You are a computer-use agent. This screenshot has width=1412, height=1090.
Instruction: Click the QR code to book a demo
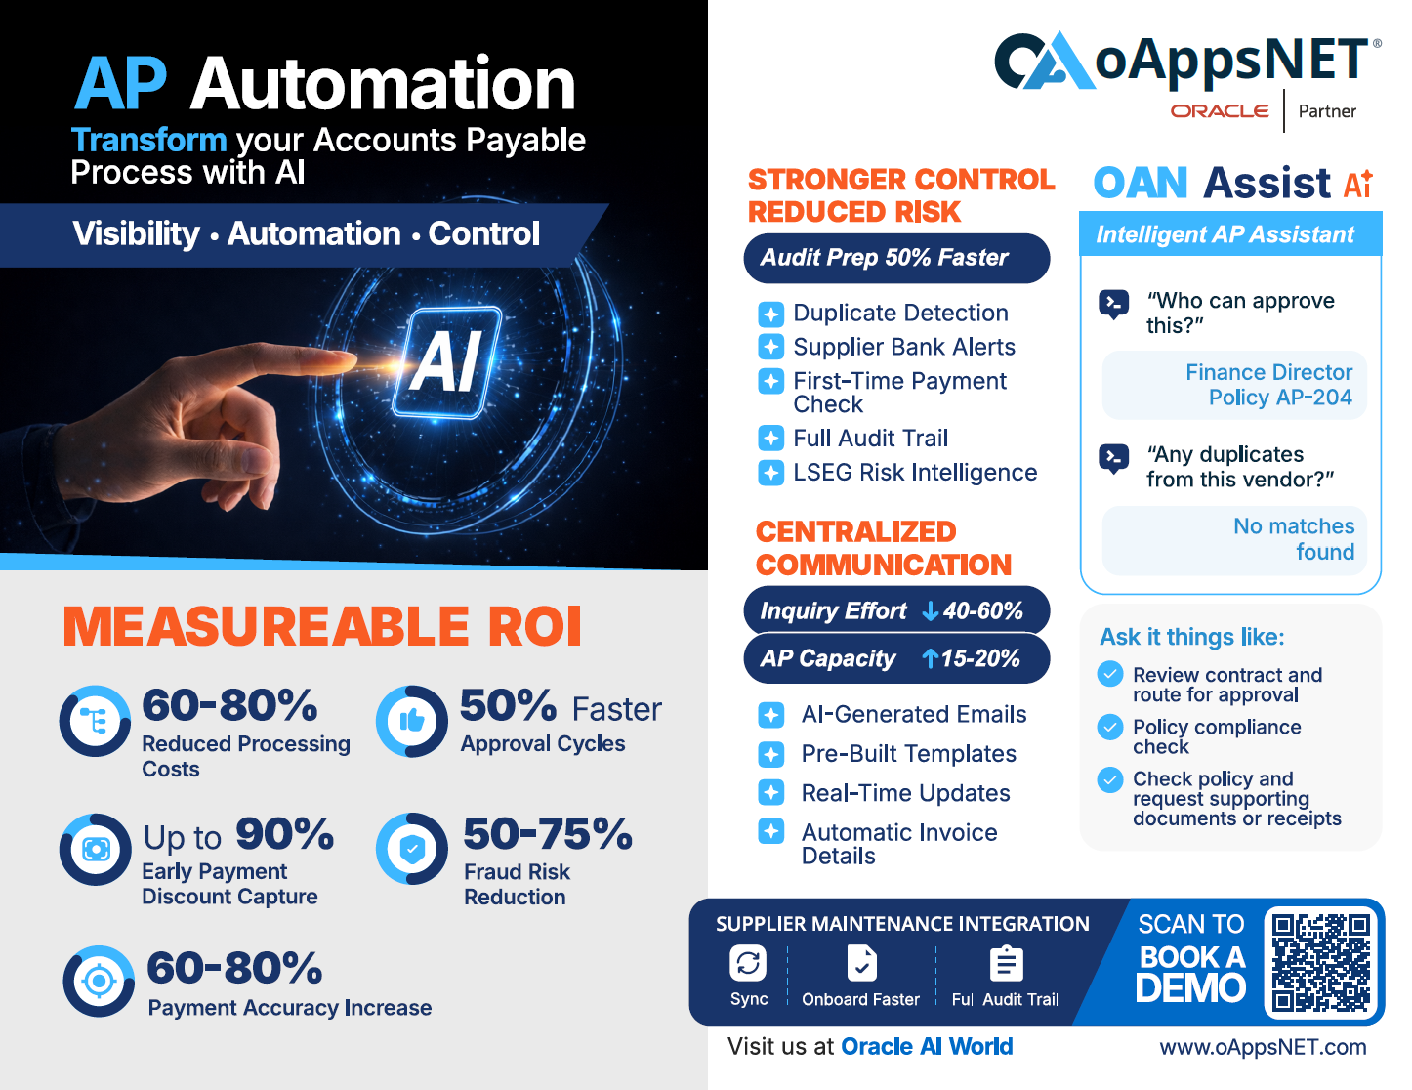(x=1320, y=962)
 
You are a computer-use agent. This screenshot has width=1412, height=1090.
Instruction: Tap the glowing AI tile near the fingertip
(x=447, y=362)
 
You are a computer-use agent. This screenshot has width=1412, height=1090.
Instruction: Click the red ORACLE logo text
(x=1220, y=111)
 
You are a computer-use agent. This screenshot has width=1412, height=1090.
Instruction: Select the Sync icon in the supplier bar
(x=748, y=962)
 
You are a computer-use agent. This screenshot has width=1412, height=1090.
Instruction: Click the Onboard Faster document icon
(x=861, y=963)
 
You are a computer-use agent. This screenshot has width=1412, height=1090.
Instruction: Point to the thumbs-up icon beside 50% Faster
(x=412, y=721)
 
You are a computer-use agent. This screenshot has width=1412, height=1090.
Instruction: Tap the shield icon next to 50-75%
(x=412, y=848)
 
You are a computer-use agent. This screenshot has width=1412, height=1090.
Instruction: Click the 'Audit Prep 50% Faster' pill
(x=896, y=258)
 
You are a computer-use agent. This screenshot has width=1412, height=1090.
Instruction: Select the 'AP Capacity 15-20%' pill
(x=896, y=658)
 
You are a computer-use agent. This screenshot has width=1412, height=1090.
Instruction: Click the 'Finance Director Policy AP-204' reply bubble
(x=1234, y=385)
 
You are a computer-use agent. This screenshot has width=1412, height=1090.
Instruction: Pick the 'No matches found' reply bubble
(x=1234, y=539)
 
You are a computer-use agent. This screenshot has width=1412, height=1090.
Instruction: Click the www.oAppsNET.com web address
(x=1263, y=1047)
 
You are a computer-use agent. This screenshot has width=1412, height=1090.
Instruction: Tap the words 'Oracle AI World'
(x=927, y=1046)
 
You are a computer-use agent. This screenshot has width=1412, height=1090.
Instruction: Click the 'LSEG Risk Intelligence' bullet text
(x=915, y=473)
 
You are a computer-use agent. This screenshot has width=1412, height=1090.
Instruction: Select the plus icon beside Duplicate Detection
(x=770, y=314)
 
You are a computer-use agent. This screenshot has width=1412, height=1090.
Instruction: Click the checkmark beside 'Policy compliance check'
(x=1110, y=727)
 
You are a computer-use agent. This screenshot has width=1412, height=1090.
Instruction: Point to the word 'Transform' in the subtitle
(x=148, y=140)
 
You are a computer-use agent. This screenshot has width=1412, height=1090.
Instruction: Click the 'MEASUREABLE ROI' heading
(x=322, y=627)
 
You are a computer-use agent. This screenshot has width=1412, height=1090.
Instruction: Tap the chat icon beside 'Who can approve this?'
(x=1113, y=304)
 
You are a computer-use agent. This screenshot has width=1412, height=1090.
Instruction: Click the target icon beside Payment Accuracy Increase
(x=99, y=981)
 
